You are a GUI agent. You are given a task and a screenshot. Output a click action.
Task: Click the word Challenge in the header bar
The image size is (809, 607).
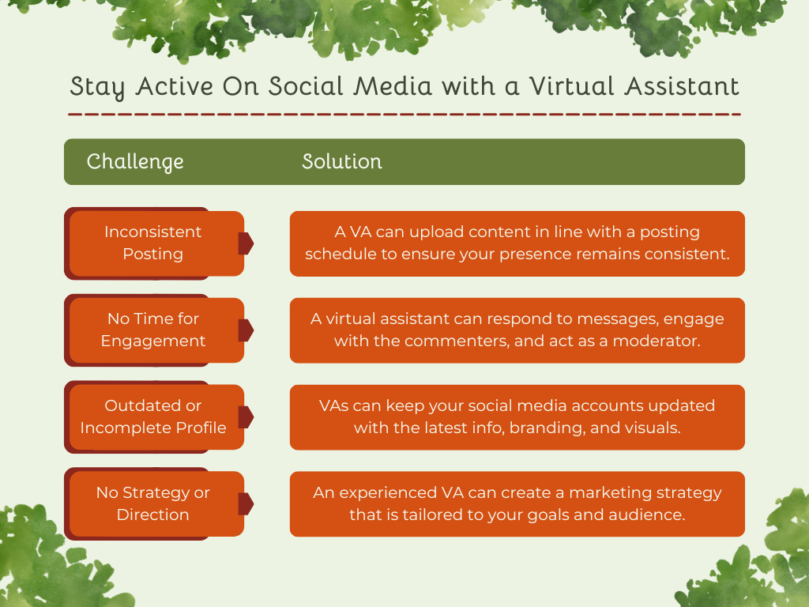135,162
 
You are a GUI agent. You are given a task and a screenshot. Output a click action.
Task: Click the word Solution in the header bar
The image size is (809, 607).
341,162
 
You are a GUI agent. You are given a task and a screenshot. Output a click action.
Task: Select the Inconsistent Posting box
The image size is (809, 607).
153,243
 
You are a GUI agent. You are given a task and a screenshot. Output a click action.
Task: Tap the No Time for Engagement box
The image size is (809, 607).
153,330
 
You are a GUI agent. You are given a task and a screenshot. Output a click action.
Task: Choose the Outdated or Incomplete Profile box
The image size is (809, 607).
153,417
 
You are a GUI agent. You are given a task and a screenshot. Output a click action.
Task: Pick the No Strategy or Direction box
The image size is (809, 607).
153,503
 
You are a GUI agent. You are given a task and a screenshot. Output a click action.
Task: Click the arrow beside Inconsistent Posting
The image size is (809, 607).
246,243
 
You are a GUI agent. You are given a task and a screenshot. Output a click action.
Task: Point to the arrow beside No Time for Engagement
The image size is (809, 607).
246,330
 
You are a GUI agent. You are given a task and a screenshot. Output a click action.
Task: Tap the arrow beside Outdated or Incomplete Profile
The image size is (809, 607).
246,417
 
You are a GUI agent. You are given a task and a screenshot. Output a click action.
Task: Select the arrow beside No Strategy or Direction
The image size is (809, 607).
246,504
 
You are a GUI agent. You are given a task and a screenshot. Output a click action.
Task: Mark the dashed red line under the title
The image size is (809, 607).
404,115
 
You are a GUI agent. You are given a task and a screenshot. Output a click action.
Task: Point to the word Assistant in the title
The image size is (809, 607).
682,86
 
